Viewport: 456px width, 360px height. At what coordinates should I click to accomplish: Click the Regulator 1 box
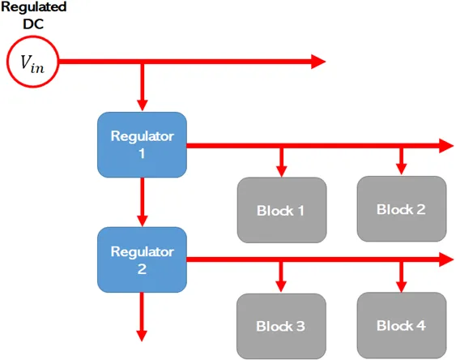pyautogui.click(x=143, y=144)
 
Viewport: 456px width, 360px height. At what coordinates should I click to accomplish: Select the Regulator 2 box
pyautogui.click(x=143, y=259)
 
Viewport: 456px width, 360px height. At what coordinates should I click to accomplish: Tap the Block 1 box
pyautogui.click(x=281, y=209)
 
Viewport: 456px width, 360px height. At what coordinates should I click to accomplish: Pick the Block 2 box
pyautogui.click(x=401, y=208)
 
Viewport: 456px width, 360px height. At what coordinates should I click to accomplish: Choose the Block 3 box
pyautogui.click(x=281, y=326)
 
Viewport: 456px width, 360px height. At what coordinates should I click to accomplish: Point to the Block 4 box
pyautogui.click(x=401, y=325)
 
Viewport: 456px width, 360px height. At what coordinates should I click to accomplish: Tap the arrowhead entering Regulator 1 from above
pyautogui.click(x=143, y=105)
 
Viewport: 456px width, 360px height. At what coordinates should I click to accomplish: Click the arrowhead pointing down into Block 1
pyautogui.click(x=281, y=170)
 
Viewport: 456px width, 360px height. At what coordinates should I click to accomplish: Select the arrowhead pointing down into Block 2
pyautogui.click(x=401, y=169)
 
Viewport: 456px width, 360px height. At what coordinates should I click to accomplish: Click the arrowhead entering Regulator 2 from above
pyautogui.click(x=143, y=220)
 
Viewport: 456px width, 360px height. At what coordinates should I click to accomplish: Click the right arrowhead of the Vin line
pyautogui.click(x=317, y=62)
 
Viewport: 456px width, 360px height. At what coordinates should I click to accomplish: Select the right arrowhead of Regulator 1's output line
pyautogui.click(x=445, y=146)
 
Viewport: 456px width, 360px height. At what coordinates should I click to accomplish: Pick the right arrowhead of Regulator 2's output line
pyautogui.click(x=445, y=260)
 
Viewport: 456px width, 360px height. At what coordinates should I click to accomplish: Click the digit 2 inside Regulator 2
pyautogui.click(x=143, y=268)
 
